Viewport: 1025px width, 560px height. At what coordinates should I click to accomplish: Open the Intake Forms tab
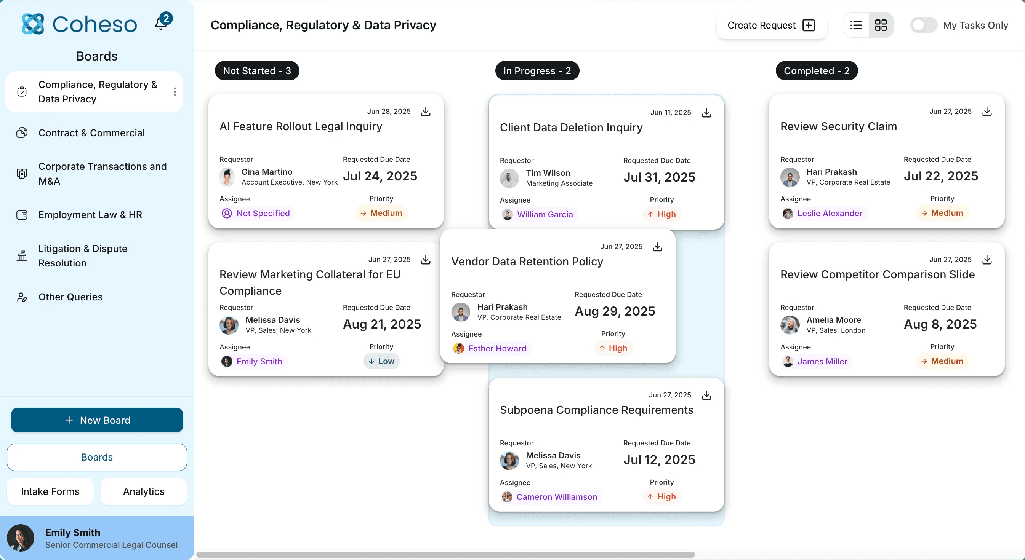tap(50, 491)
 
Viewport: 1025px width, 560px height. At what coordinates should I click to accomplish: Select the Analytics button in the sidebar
tap(144, 491)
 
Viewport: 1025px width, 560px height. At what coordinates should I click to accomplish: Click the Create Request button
tap(771, 26)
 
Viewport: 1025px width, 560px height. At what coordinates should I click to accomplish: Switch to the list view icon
tap(856, 26)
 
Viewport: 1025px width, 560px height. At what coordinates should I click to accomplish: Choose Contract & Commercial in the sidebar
tap(91, 133)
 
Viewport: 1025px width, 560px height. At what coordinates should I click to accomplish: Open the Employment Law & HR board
tap(90, 215)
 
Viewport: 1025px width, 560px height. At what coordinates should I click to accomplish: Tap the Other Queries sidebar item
tap(70, 297)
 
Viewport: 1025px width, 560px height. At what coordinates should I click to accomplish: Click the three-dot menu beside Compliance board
tap(175, 92)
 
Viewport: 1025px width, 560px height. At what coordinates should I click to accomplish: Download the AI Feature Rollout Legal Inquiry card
tap(426, 112)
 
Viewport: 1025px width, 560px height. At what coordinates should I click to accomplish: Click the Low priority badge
tap(381, 361)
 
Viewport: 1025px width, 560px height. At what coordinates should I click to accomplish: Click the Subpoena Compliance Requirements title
tap(596, 410)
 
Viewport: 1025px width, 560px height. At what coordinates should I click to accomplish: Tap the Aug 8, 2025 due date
tap(940, 324)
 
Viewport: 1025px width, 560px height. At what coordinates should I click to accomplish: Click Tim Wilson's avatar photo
tap(509, 178)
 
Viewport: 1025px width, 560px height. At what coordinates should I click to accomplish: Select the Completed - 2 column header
tap(817, 71)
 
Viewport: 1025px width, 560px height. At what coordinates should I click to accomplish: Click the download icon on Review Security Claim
tap(987, 112)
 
